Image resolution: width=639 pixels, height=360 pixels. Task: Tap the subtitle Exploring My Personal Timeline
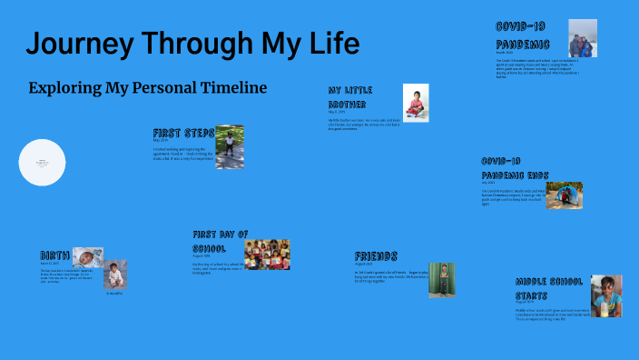tap(148, 88)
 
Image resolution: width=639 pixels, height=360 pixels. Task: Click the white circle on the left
tap(43, 163)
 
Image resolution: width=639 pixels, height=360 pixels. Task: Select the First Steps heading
tap(183, 133)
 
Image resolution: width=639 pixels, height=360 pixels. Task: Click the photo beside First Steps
tap(229, 146)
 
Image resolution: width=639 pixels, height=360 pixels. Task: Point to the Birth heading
tap(54, 255)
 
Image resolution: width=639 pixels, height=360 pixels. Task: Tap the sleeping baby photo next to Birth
tap(88, 257)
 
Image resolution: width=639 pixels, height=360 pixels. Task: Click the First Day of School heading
tap(220, 240)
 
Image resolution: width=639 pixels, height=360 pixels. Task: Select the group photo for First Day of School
tap(267, 255)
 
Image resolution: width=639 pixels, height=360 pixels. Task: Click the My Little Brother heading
tap(351, 97)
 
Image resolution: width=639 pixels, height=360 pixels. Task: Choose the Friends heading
tap(376, 256)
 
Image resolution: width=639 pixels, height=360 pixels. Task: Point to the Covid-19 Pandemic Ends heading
tap(514, 167)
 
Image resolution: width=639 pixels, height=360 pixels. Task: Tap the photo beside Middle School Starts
tap(606, 295)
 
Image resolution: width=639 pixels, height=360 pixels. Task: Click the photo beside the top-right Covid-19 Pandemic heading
tap(583, 39)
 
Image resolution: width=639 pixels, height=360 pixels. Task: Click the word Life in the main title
tap(332, 44)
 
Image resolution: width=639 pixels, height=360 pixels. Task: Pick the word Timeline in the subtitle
tap(231, 88)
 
